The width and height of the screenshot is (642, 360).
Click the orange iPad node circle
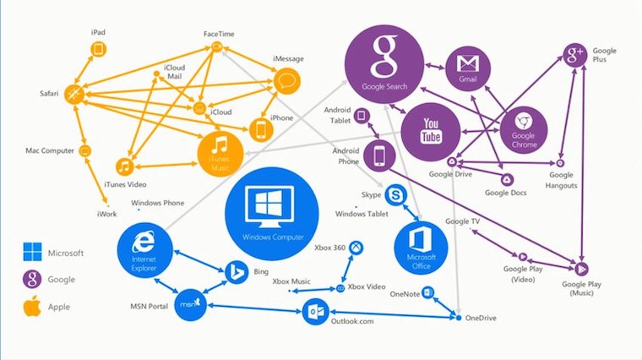click(98, 50)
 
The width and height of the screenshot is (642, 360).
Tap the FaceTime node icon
click(217, 46)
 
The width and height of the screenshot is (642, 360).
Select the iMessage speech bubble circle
click(286, 81)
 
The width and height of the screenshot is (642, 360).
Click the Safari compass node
click(74, 94)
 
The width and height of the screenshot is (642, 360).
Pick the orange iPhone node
click(261, 130)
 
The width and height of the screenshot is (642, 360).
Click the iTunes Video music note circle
click(125, 166)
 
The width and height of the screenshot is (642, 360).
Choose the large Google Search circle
click(384, 64)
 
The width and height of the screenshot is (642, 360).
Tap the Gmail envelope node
click(468, 68)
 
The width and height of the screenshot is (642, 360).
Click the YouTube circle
click(431, 132)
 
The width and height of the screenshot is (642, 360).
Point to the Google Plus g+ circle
click(575, 54)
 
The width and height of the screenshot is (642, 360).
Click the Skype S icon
click(396, 195)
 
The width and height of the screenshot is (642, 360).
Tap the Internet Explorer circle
click(144, 251)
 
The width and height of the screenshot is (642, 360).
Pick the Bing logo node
click(237, 272)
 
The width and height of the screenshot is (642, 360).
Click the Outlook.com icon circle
click(315, 312)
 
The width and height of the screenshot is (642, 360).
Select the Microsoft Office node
click(421, 248)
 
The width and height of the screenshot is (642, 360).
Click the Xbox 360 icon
click(356, 248)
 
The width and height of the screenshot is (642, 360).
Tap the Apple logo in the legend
click(32, 306)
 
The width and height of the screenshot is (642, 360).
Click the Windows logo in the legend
click(32, 252)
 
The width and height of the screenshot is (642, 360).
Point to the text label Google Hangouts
click(561, 180)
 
